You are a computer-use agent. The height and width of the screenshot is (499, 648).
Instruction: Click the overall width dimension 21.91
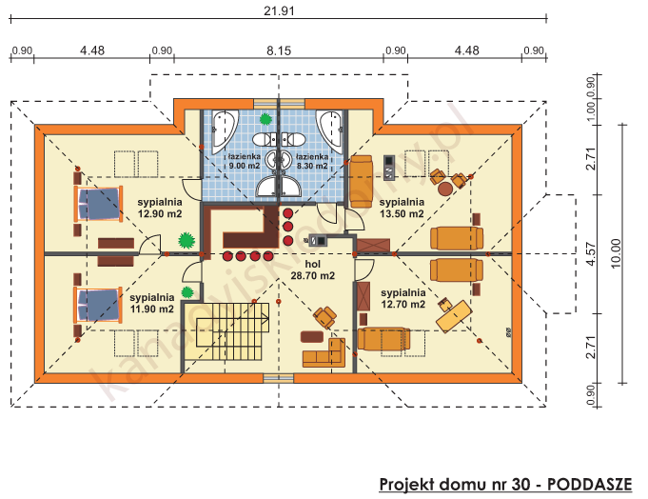278,10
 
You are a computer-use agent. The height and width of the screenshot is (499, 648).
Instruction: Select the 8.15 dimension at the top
278,50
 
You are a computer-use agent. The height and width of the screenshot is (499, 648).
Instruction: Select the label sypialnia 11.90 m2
153,303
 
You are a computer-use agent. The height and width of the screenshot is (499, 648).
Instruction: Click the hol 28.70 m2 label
312,269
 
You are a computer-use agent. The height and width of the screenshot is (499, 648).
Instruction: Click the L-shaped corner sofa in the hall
325,353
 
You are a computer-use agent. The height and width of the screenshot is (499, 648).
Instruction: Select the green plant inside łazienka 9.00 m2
265,119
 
